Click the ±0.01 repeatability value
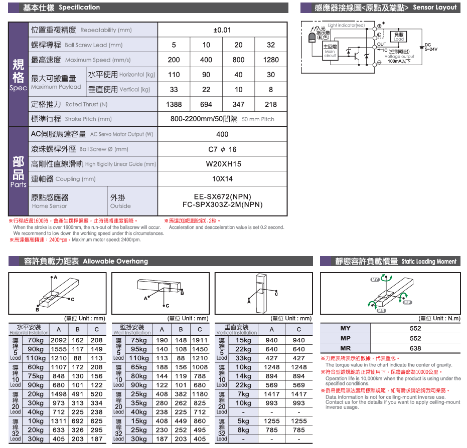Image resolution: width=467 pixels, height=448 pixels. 222,30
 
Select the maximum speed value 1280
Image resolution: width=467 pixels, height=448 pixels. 271,60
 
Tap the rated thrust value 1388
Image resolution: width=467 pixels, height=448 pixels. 174,104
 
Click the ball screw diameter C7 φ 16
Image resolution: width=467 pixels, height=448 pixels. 222,149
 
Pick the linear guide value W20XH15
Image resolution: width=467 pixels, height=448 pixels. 223,164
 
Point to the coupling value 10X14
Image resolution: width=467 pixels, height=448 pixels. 222,179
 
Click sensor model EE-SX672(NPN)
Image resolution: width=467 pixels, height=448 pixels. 222,197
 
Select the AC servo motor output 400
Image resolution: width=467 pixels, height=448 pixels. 222,134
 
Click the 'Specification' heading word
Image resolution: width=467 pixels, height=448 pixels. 79,8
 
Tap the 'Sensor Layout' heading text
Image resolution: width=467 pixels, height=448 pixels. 435,8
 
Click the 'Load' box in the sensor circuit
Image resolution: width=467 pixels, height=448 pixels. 399,37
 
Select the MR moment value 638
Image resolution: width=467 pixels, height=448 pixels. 415,348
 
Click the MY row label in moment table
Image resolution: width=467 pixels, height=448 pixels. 346,328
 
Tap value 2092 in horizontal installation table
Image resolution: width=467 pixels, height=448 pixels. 59,340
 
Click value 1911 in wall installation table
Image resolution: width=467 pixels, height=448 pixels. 200,340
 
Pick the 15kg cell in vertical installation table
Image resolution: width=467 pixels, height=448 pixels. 243,340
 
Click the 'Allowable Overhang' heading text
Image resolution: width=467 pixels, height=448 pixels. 115,261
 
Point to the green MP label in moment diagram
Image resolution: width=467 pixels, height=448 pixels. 407,303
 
